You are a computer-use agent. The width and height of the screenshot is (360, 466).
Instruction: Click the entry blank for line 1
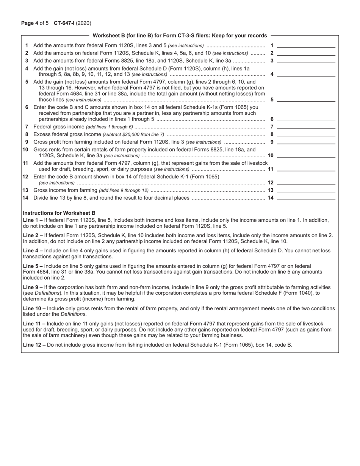(306, 45)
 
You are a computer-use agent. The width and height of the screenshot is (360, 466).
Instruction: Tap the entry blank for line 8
(306, 134)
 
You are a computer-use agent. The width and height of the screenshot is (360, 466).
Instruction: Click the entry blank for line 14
(306, 197)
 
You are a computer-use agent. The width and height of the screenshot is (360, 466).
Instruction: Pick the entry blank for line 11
(306, 169)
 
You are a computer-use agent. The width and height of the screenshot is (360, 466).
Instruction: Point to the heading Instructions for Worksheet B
(59, 213)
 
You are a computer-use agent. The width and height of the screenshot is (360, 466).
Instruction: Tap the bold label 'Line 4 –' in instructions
(33, 250)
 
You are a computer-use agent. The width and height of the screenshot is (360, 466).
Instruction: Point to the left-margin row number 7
(27, 127)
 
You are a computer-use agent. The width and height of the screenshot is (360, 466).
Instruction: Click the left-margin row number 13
(25, 190)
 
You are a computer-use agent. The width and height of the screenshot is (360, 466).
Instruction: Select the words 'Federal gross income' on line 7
(59, 127)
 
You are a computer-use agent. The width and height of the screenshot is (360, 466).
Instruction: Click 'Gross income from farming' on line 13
(65, 190)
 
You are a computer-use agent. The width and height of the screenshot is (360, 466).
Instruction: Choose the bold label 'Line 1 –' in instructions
(33, 220)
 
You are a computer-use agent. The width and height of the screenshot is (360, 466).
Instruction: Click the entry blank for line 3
(306, 61)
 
